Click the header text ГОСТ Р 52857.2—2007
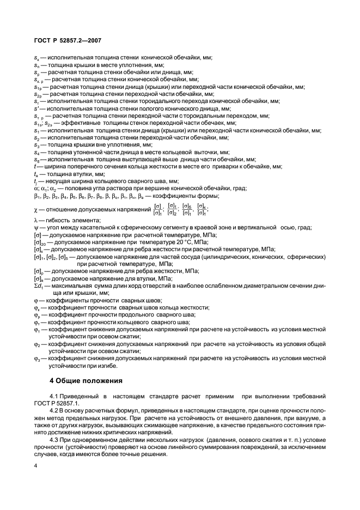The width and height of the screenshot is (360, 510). [x=64, y=39]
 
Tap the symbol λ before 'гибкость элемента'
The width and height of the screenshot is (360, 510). [x=35, y=220]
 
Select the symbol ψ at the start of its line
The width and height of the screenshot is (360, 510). [x=35, y=227]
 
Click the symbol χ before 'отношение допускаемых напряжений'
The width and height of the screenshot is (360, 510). [x=35, y=209]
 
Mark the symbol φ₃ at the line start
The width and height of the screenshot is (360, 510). [x=37, y=358]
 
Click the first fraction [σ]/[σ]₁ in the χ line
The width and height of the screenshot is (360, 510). [x=158, y=209]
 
